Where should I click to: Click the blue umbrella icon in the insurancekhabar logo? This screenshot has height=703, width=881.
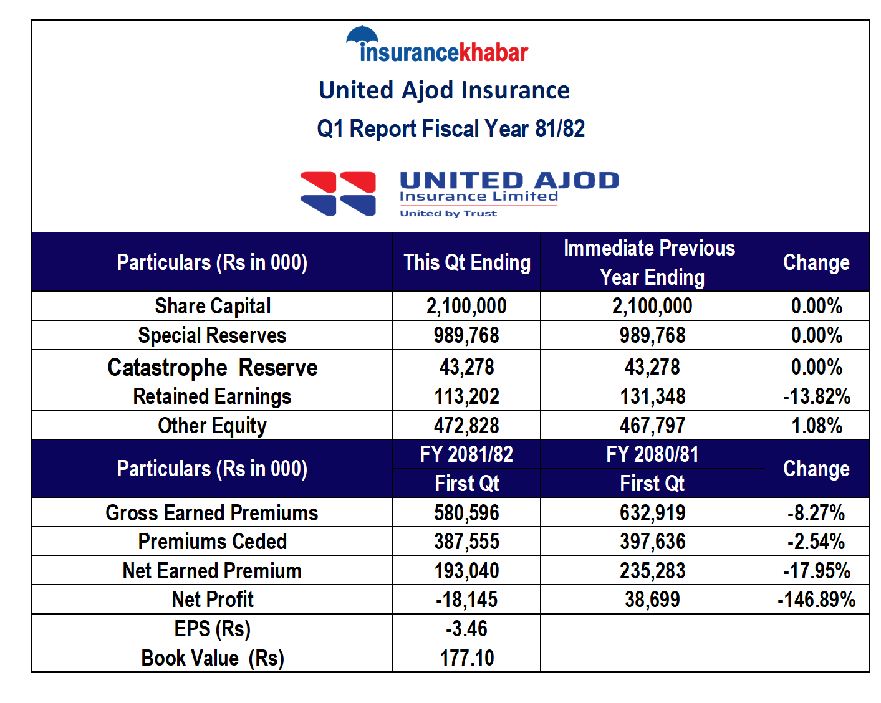click(x=362, y=34)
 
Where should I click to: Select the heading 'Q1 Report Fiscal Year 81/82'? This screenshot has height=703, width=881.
click(x=451, y=128)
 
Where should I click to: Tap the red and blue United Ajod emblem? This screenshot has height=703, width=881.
click(x=338, y=194)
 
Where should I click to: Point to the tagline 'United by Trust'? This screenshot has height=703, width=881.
click(x=448, y=213)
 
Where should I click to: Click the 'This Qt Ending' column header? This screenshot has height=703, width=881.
click(x=467, y=262)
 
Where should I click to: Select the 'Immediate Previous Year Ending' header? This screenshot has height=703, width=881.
click(x=652, y=262)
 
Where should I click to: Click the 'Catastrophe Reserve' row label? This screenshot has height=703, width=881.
click(x=212, y=367)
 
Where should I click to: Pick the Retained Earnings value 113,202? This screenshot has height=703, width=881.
click(x=466, y=396)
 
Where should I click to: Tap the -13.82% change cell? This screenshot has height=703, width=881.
click(x=816, y=396)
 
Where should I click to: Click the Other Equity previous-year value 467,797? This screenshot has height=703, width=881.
click(x=652, y=425)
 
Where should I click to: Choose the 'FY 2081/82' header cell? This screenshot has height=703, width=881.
click(x=466, y=454)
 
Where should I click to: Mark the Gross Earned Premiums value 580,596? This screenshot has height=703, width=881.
click(x=466, y=512)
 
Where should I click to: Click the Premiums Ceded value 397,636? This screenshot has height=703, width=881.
click(x=652, y=541)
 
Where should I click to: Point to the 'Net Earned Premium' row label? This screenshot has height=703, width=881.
click(x=212, y=570)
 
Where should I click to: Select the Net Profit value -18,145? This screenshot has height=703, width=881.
click(x=466, y=599)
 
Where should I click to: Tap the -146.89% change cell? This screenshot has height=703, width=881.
click(x=816, y=599)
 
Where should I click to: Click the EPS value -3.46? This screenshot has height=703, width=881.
click(x=466, y=628)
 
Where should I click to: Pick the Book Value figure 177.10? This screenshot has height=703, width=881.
click(x=467, y=658)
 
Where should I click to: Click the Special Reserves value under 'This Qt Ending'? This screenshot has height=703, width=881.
click(x=466, y=335)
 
